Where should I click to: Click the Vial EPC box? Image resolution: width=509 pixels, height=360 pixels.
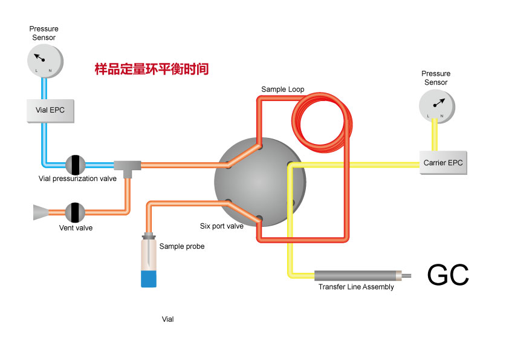pyautogui.click(x=51, y=110)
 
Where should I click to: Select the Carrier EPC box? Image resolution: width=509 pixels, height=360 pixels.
pyautogui.click(x=443, y=163)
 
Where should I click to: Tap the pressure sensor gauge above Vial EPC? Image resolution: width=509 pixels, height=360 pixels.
pyautogui.click(x=45, y=59)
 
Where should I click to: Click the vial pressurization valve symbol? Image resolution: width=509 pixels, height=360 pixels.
pyautogui.click(x=76, y=165)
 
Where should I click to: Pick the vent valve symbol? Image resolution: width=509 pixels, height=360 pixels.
pyautogui.click(x=76, y=212)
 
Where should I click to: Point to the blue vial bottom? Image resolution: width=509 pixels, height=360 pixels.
pyautogui.click(x=149, y=278)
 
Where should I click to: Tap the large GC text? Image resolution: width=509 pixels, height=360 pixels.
pyautogui.click(x=448, y=275)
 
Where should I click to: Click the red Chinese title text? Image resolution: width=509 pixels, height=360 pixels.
pyautogui.click(x=152, y=69)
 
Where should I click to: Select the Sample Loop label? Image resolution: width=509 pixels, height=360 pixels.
pyautogui.click(x=283, y=90)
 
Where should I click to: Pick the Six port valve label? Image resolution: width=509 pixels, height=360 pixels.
pyautogui.click(x=222, y=226)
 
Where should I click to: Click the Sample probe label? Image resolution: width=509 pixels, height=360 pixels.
pyautogui.click(x=182, y=246)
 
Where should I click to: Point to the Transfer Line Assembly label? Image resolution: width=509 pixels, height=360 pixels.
pyautogui.click(x=356, y=287)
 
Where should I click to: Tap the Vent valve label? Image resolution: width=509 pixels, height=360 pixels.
pyautogui.click(x=76, y=228)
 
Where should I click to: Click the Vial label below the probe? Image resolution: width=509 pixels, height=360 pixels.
pyautogui.click(x=168, y=319)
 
